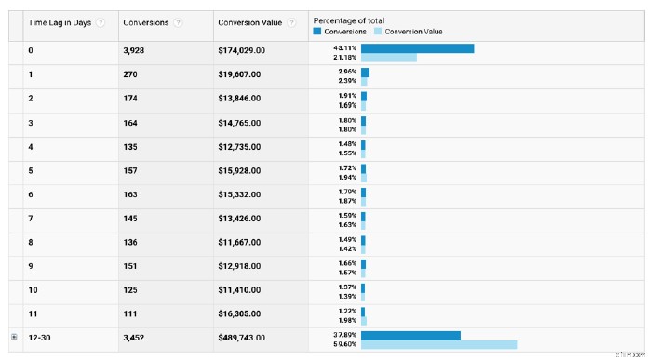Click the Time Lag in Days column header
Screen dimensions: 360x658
(60, 22)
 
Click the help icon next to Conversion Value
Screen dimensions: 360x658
(292, 22)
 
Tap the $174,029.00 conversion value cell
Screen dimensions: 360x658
(241, 49)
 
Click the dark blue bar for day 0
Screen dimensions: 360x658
(417, 48)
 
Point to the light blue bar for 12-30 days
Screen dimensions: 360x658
(439, 344)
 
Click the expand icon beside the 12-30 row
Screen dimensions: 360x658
(13, 338)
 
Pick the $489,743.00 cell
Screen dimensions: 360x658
(241, 338)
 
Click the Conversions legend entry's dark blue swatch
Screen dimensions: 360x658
(317, 32)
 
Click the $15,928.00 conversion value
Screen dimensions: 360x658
(238, 170)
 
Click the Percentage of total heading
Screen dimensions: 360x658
(350, 20)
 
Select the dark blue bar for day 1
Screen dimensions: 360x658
(365, 73)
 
